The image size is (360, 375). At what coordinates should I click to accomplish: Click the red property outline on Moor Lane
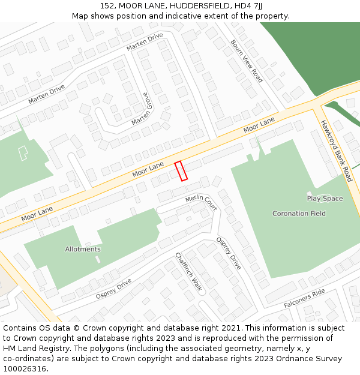181,171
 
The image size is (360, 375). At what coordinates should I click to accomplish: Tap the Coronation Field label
299,214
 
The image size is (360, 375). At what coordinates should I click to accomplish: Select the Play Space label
325,199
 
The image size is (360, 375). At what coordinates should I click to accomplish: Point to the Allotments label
83,249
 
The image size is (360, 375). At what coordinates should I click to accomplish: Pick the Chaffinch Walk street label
188,273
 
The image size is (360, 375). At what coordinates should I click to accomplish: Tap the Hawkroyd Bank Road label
335,151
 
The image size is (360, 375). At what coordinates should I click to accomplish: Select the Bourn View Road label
247,61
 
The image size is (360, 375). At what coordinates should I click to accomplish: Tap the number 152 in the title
107,5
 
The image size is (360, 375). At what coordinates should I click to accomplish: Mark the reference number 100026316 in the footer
24,369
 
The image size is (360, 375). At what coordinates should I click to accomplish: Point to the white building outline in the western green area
23,153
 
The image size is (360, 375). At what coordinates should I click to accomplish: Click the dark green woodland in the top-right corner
312,54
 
